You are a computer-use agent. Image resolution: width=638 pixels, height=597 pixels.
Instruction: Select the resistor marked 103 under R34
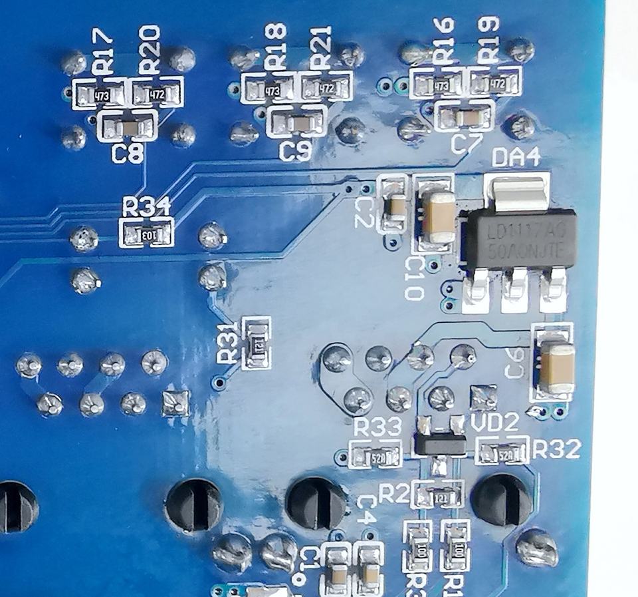pos(148,234)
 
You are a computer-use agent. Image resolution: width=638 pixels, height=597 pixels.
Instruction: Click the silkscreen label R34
pos(147,208)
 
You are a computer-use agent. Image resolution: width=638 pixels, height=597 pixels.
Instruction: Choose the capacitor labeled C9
pos(296,123)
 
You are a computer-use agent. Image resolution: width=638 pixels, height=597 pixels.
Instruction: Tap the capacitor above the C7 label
pos(465,118)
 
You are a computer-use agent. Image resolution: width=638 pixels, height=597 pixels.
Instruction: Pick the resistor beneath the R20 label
pos(157,95)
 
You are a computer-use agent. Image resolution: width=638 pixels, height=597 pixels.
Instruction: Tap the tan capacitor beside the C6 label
pos(554,367)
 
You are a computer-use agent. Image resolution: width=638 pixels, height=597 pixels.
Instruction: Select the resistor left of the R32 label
pos(503,455)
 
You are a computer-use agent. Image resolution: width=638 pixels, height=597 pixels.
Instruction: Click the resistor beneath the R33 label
pos(376,457)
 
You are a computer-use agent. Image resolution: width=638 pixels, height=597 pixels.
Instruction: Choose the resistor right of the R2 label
pos(438,496)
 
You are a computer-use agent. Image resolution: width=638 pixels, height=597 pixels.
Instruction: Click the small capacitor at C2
pos(395,207)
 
